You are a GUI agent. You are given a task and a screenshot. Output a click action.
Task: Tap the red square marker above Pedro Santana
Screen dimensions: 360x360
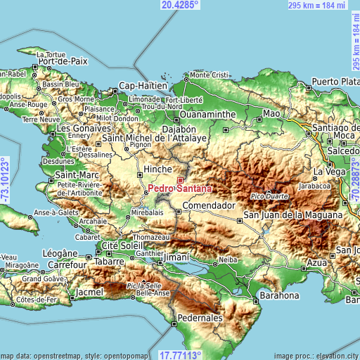tap(179, 180)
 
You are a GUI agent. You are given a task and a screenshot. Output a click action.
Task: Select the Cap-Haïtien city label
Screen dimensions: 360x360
tap(143, 86)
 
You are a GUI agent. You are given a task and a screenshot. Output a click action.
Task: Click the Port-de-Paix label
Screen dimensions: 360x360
tap(63, 61)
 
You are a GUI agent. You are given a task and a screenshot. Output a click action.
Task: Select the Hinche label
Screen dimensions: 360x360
tap(157, 169)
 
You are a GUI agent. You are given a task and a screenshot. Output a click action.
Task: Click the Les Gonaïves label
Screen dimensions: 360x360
tap(84, 129)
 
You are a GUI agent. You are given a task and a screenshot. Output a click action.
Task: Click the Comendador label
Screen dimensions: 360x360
tap(208, 206)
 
